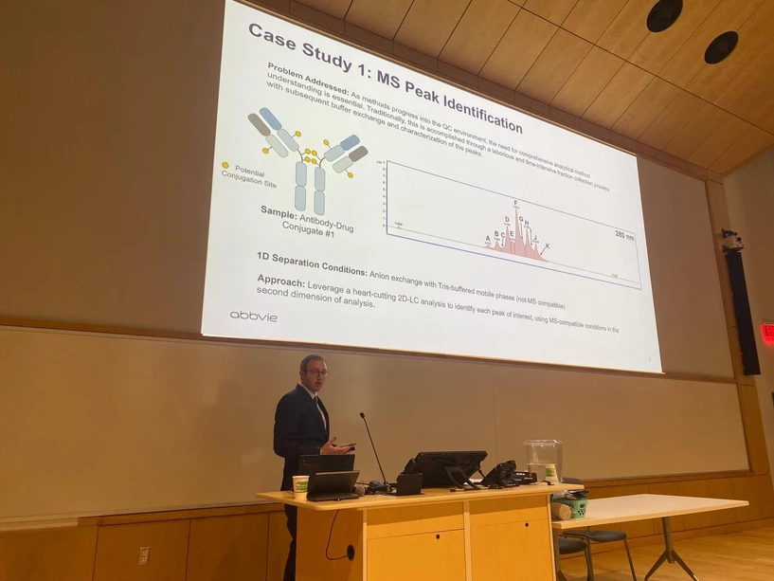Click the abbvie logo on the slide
[254, 316]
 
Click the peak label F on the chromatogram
[515, 203]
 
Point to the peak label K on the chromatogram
[547, 246]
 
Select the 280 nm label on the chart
[624, 234]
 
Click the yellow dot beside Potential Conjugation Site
[225, 166]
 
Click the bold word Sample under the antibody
[279, 211]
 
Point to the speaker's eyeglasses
[315, 372]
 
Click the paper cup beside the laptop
[300, 485]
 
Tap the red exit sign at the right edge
[767, 334]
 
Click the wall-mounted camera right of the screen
[732, 241]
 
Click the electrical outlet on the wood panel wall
[144, 556]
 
